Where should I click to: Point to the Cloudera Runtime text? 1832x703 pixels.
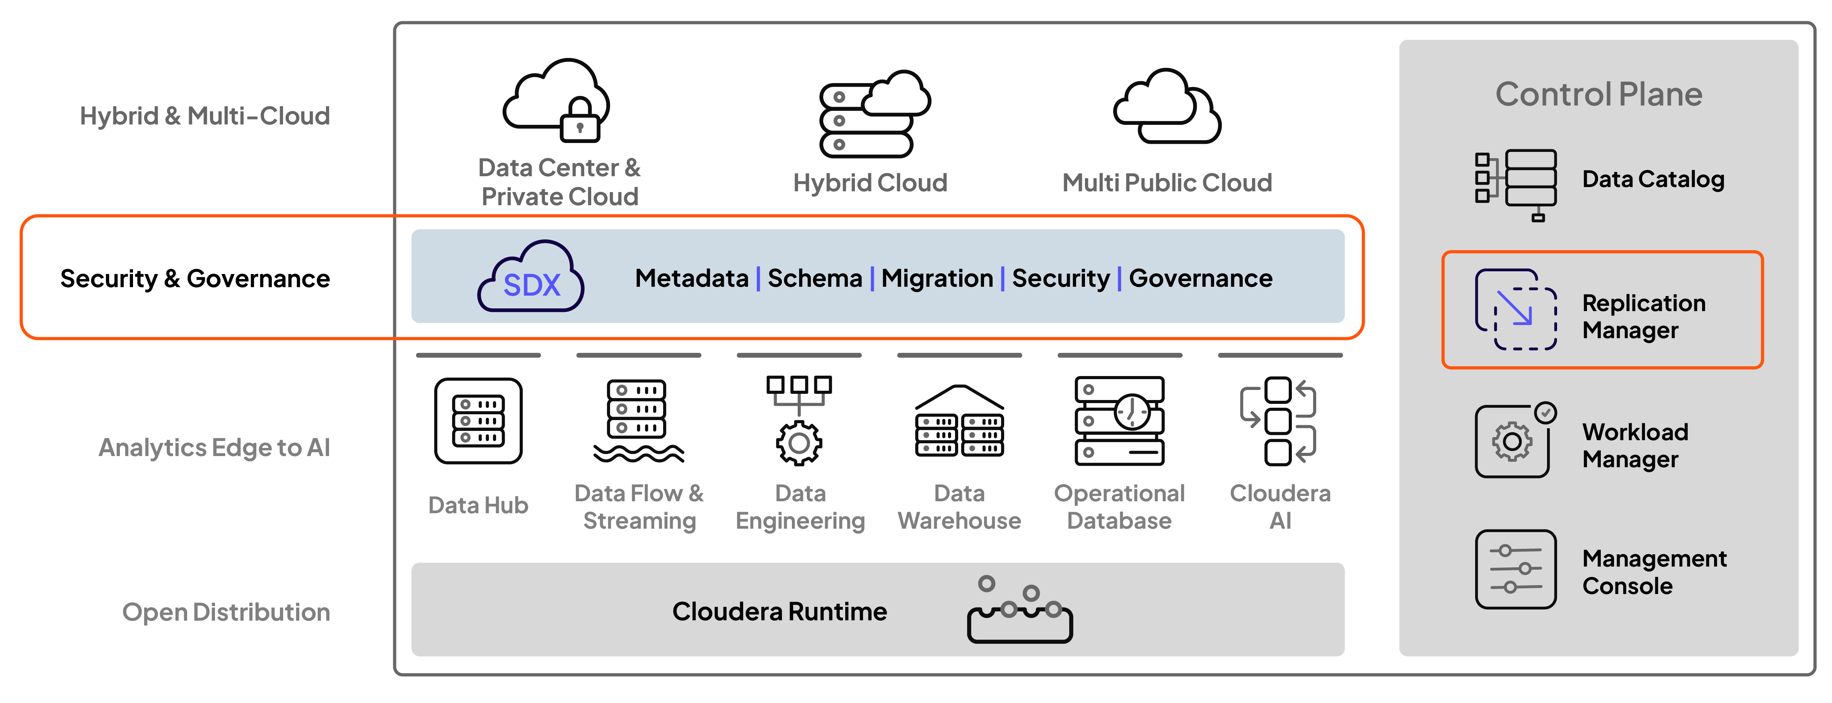tap(780, 611)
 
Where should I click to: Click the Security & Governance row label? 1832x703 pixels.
tap(195, 279)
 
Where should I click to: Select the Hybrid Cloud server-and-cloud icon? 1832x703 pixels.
tap(874, 114)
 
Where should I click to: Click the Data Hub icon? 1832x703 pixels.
tap(478, 421)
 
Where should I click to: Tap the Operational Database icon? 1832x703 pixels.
tap(1119, 421)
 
